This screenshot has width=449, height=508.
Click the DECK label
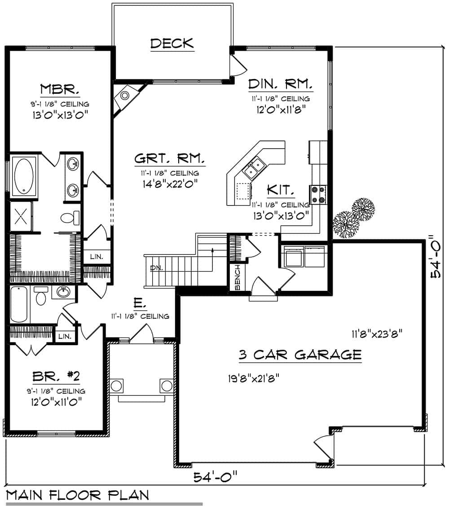(x=172, y=44)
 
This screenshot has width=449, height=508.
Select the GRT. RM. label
(x=170, y=159)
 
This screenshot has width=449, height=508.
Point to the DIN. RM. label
(x=280, y=84)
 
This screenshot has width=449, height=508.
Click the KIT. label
(x=281, y=190)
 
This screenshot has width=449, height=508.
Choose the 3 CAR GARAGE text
(x=300, y=355)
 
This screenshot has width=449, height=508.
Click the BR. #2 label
(x=56, y=376)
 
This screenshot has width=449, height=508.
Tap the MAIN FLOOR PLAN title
(x=78, y=495)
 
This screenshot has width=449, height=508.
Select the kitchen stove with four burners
(x=318, y=195)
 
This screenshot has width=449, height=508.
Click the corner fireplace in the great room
(x=125, y=96)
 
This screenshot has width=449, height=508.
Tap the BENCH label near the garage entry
(x=238, y=277)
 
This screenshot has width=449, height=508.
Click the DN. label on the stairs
(x=156, y=268)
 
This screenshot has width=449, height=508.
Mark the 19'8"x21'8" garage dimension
(x=254, y=377)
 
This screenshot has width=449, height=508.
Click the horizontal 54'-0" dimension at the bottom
(x=215, y=477)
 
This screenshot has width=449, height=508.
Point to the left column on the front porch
(x=116, y=385)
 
